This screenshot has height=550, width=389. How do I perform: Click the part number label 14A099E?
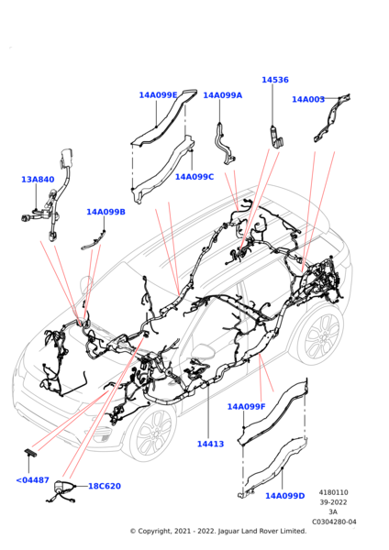pyautogui.click(x=158, y=95)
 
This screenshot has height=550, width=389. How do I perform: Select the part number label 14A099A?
pyautogui.click(x=223, y=95)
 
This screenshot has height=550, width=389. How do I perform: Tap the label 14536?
pyautogui.click(x=275, y=80)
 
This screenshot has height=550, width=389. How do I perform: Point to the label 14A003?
pyautogui.click(x=308, y=100)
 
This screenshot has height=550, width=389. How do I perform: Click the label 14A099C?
pyautogui.click(x=194, y=177)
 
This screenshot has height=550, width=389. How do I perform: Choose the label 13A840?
pyautogui.click(x=38, y=180)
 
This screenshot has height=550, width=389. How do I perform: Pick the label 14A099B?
pyautogui.click(x=106, y=212)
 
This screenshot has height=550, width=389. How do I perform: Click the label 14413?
pyautogui.click(x=210, y=444)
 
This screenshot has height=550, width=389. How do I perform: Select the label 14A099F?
pyautogui.click(x=246, y=406)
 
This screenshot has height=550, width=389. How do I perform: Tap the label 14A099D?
pyautogui.click(x=284, y=496)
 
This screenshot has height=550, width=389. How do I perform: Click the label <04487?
pyautogui.click(x=32, y=480)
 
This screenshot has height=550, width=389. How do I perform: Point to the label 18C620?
pyautogui.click(x=105, y=486)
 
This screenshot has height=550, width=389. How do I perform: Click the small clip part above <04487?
pyautogui.click(x=30, y=452)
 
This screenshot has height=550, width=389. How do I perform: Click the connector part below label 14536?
pyautogui.click(x=277, y=138)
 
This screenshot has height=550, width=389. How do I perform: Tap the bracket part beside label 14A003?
pyautogui.click(x=332, y=117)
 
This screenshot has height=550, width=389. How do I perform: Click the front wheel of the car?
pyautogui.click(x=153, y=433)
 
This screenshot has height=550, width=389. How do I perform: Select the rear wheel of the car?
pyautogui.click(x=322, y=335)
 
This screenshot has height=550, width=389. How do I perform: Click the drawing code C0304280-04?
pyautogui.click(x=334, y=522)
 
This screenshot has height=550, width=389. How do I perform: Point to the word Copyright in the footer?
pyautogui.click(x=154, y=532)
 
